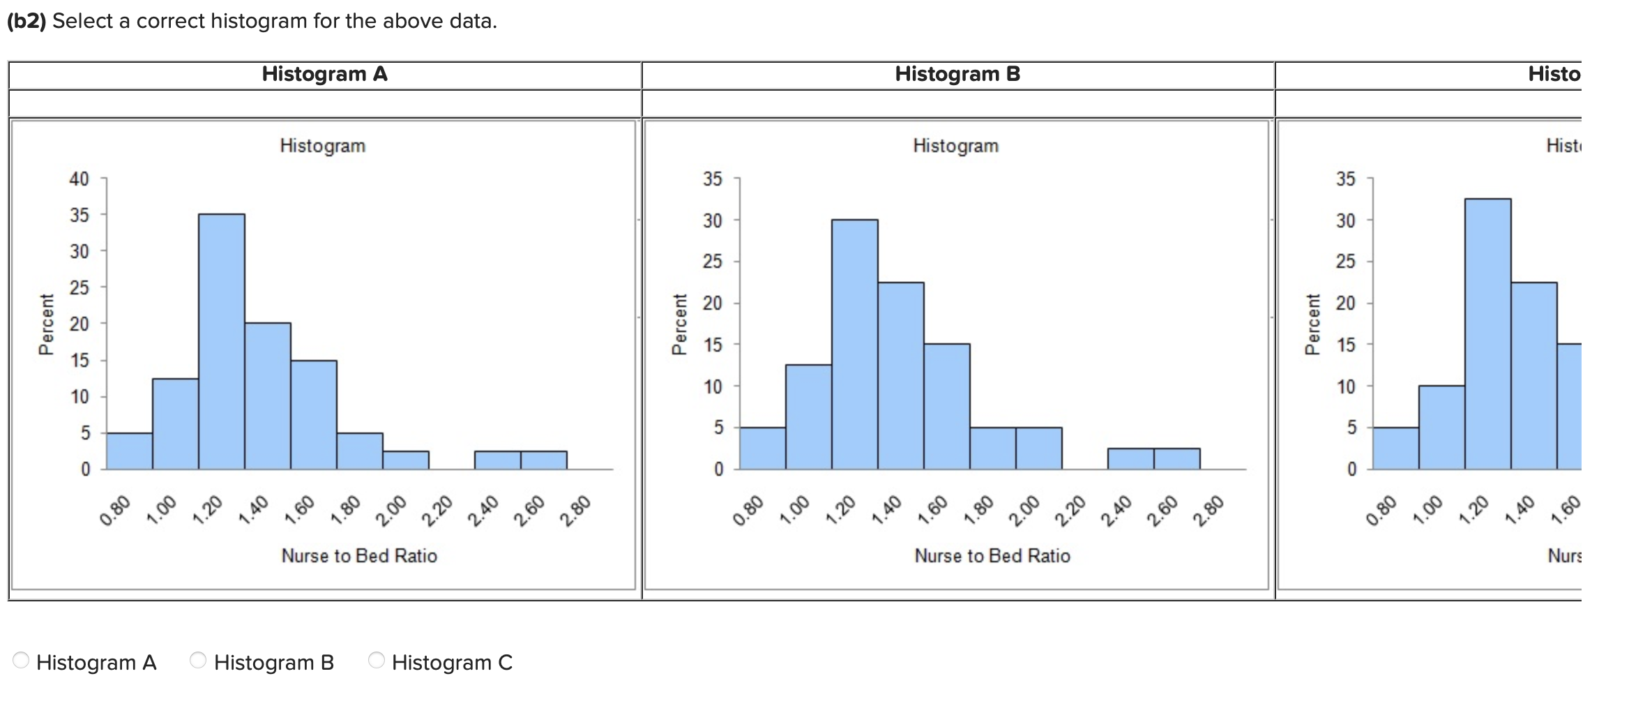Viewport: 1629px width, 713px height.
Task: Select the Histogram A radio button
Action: click(x=22, y=660)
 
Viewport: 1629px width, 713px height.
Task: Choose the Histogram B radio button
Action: click(x=199, y=660)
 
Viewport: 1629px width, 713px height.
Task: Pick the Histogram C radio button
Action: click(x=377, y=660)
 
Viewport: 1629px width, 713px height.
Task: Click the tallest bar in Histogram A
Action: click(x=222, y=342)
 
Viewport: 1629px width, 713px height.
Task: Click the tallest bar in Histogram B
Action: click(x=855, y=345)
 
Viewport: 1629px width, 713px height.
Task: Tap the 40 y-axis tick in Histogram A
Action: click(x=79, y=179)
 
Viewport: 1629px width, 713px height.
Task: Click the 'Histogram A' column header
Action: click(x=324, y=74)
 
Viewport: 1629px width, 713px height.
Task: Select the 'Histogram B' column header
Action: click(x=957, y=74)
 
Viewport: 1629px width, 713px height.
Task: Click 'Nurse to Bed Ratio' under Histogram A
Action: click(x=359, y=556)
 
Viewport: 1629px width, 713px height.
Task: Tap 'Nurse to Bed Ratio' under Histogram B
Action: click(x=992, y=556)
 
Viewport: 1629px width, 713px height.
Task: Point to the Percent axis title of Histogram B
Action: click(x=679, y=324)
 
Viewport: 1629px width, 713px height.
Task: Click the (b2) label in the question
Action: click(x=26, y=21)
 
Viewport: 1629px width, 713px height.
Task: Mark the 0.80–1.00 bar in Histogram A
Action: click(x=129, y=451)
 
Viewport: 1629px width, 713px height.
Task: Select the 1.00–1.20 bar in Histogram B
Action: click(x=809, y=417)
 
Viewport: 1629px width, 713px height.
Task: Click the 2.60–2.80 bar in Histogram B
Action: click(x=1177, y=459)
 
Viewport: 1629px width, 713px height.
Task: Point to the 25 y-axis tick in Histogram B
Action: click(x=713, y=262)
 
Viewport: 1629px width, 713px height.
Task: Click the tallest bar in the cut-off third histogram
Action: click(x=1488, y=334)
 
